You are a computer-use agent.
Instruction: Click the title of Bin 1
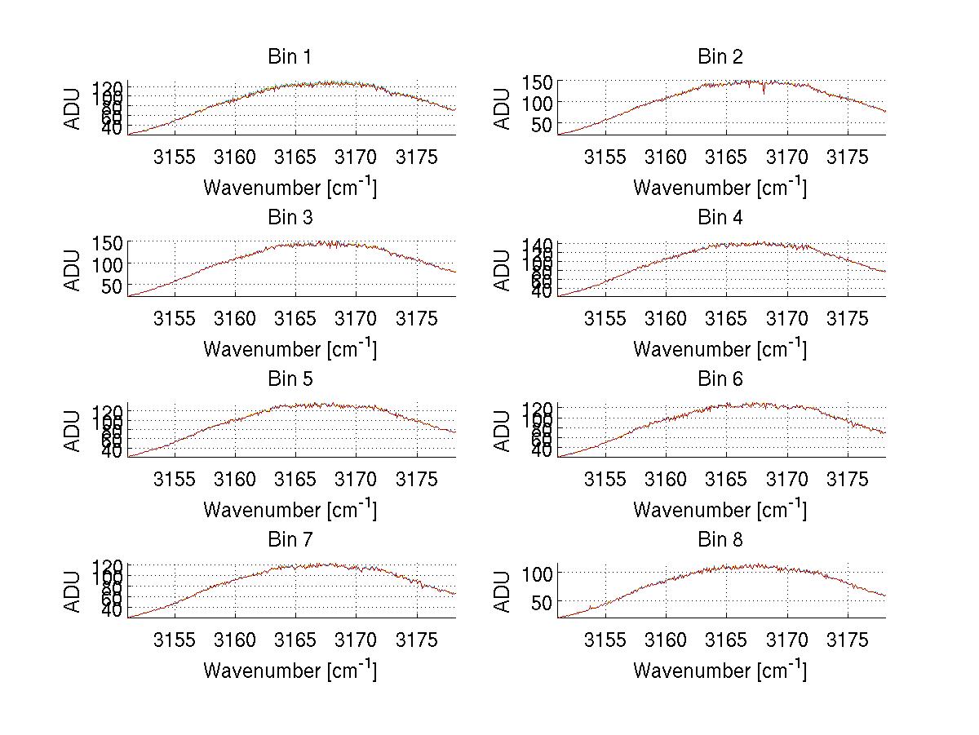click(x=289, y=57)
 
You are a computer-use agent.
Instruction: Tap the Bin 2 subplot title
click(x=720, y=57)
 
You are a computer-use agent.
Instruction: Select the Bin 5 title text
click(x=289, y=379)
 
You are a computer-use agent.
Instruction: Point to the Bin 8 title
click(x=720, y=540)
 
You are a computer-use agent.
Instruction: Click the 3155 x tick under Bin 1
click(x=175, y=157)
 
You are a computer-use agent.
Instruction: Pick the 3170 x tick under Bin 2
click(x=786, y=157)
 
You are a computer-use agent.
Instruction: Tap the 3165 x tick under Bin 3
click(x=295, y=317)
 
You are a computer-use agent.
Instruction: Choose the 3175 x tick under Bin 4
click(x=848, y=317)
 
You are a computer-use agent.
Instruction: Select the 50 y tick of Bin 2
click(x=544, y=125)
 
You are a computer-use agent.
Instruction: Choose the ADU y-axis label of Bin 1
click(x=73, y=108)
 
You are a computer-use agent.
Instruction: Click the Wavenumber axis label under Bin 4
click(x=720, y=349)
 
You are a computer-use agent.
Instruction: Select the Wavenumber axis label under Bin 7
click(x=289, y=671)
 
